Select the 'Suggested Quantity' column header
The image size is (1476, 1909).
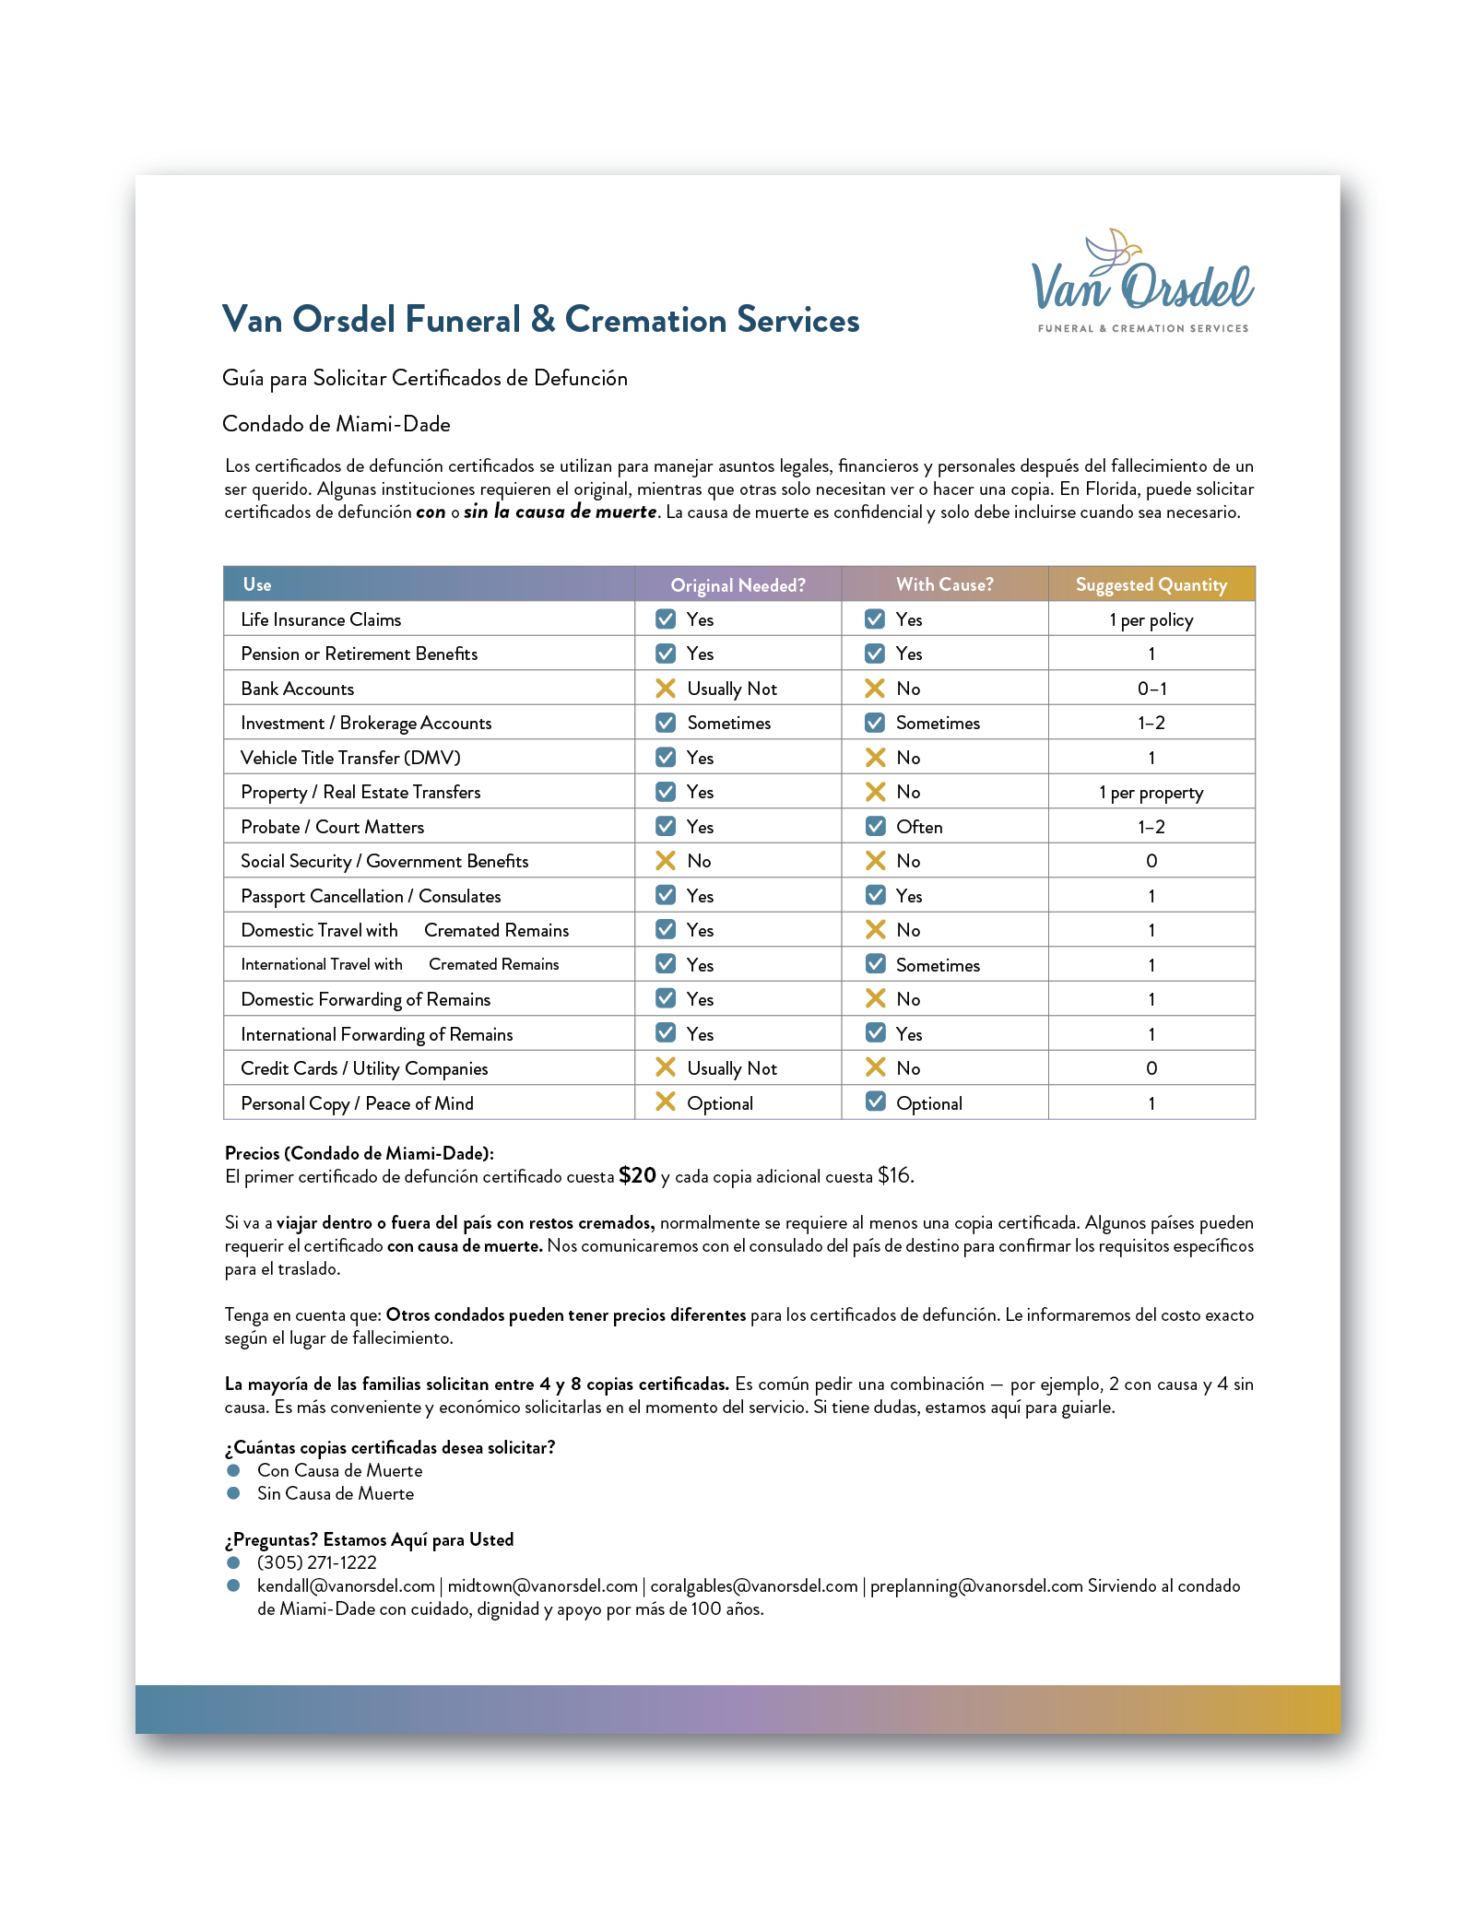tap(1151, 584)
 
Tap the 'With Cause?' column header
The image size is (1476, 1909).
tap(944, 584)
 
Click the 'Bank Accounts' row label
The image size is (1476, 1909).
tap(297, 689)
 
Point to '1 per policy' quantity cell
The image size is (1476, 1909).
tap(1151, 619)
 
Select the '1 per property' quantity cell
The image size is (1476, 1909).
tap(1151, 793)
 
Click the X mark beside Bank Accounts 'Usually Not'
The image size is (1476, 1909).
tap(665, 688)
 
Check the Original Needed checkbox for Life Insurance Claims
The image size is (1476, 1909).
tap(665, 619)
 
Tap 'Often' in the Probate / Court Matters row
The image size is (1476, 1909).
tap(918, 827)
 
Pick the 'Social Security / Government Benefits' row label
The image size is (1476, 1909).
tap(384, 861)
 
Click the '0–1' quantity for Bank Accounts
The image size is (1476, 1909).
tap(1151, 689)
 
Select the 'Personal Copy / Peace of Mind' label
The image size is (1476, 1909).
tap(357, 1103)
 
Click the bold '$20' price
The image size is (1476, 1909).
tap(637, 1175)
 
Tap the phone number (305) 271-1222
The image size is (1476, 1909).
tap(316, 1562)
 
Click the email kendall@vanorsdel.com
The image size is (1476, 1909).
tap(346, 1585)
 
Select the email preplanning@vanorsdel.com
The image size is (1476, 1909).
tap(975, 1585)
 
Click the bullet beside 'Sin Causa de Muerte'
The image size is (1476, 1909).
tap(234, 1493)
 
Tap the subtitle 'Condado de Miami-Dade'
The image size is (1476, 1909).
tap(337, 424)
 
